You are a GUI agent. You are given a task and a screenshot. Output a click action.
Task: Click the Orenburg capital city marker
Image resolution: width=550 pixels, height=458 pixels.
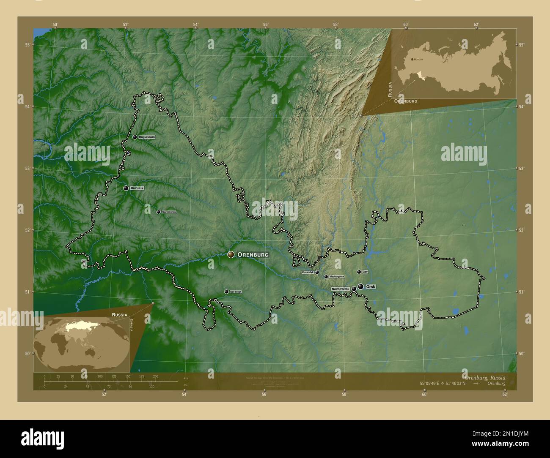click(231, 254)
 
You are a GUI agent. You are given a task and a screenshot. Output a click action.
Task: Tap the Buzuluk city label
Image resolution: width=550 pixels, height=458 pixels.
click(137, 188)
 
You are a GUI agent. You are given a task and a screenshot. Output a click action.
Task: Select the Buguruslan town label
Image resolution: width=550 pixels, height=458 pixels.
click(147, 137)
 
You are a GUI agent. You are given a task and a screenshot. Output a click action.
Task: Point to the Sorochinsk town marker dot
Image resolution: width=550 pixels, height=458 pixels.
click(158, 212)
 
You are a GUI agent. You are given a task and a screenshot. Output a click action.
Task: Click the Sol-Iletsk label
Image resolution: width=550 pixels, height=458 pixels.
click(236, 292)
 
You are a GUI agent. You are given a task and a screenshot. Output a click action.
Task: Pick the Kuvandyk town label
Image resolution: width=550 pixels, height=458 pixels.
click(308, 273)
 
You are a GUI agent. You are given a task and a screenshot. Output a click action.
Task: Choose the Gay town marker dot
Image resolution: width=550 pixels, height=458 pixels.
click(359, 272)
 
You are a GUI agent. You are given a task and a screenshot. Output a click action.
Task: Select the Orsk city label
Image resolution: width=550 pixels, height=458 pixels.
click(371, 287)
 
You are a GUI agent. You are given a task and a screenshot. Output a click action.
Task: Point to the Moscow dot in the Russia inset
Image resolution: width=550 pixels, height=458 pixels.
click(412, 60)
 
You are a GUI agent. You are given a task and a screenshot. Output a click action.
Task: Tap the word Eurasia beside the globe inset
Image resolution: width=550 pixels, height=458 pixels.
click(132, 325)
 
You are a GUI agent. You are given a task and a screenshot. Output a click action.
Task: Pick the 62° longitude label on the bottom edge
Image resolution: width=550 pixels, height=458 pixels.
click(504, 395)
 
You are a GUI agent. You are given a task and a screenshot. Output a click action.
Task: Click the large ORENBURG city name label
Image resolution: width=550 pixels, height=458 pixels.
click(253, 255)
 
